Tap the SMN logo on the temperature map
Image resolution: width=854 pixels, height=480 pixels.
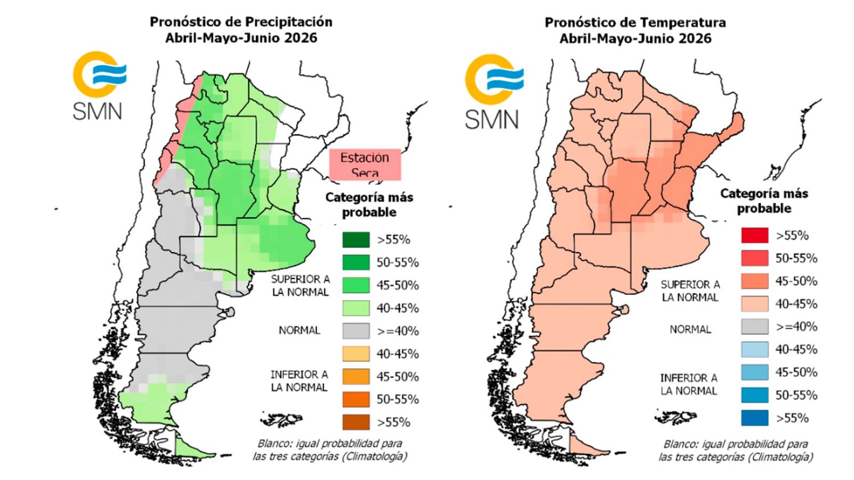[492, 91]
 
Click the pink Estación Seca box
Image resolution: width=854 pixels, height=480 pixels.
[365, 164]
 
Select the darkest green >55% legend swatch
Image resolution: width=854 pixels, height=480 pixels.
[356, 240]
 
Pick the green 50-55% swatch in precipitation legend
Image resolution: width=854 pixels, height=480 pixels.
[356, 262]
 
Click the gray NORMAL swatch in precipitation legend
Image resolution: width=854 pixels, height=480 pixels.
[356, 331]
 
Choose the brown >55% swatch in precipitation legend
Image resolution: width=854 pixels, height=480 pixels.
[356, 422]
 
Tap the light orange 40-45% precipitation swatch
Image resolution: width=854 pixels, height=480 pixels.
[356, 354]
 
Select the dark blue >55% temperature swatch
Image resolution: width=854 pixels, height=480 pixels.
[754, 418]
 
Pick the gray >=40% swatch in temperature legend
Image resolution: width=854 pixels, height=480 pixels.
[754, 327]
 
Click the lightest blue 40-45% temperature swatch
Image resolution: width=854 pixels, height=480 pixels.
[754, 350]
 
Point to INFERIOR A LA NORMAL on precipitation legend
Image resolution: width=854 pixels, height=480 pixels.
[299, 381]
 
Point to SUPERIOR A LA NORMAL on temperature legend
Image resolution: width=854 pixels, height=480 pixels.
[690, 290]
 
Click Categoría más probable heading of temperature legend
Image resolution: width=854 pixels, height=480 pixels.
[763, 200]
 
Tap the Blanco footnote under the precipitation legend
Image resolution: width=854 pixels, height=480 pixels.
[330, 450]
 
